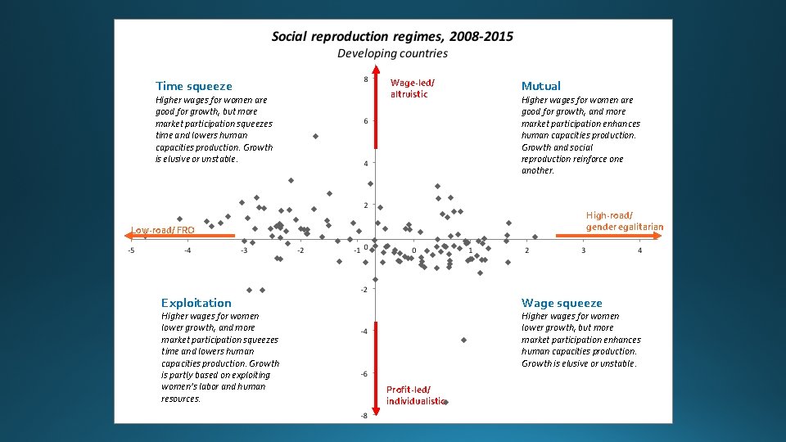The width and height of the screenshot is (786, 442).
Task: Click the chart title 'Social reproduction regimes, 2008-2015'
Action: pos(392,37)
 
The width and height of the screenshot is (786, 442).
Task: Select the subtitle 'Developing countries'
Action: pos(393,53)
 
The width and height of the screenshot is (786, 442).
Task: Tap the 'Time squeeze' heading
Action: pos(194,86)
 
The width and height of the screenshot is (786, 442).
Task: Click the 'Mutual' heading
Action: pos(541,86)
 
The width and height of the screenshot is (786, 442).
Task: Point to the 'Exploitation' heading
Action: pos(196,303)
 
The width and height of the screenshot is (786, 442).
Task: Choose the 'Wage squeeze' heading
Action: pos(562,303)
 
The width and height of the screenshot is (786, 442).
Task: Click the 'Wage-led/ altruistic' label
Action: pos(413,88)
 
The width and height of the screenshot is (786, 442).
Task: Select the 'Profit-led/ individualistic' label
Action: pos(416,395)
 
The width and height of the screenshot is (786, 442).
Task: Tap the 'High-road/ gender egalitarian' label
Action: pos(624,221)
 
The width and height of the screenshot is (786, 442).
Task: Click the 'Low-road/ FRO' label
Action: pos(163,230)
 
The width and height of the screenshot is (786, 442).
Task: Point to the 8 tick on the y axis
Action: pos(364,79)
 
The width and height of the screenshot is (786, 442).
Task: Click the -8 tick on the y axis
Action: pos(364,416)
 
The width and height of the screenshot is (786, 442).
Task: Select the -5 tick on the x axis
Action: pos(132,250)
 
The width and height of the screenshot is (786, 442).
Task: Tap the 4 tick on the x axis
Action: pos(639,250)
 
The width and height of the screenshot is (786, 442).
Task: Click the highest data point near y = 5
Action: pos(315,136)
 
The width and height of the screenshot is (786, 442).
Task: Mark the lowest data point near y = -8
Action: pos(445,402)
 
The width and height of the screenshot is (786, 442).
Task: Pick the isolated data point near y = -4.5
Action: pos(464,340)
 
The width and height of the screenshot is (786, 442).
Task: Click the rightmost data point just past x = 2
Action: pos(535,237)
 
